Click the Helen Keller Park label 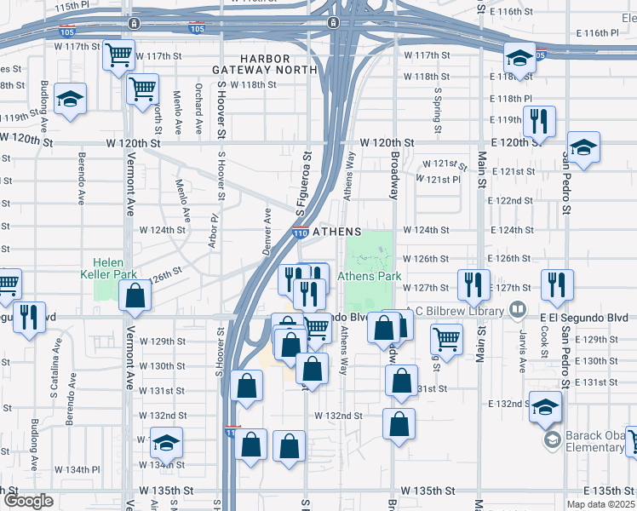(x=102, y=268)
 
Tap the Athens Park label (x=370, y=276)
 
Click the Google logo (x=28, y=501)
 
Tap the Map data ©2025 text (x=600, y=504)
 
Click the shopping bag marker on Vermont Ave (x=135, y=296)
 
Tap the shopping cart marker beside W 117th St (x=118, y=55)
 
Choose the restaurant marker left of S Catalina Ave (x=31, y=317)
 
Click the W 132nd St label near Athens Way (x=339, y=416)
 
